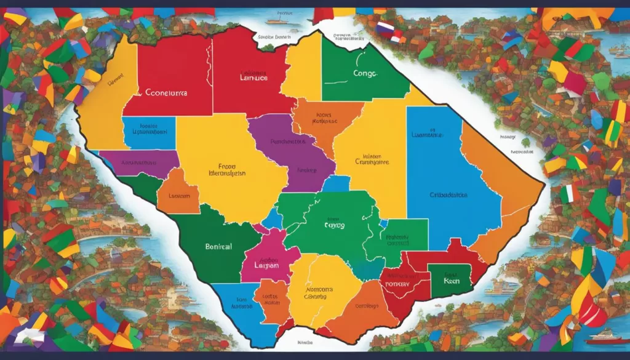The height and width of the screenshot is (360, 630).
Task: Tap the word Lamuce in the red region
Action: pyautogui.click(x=253, y=79)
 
